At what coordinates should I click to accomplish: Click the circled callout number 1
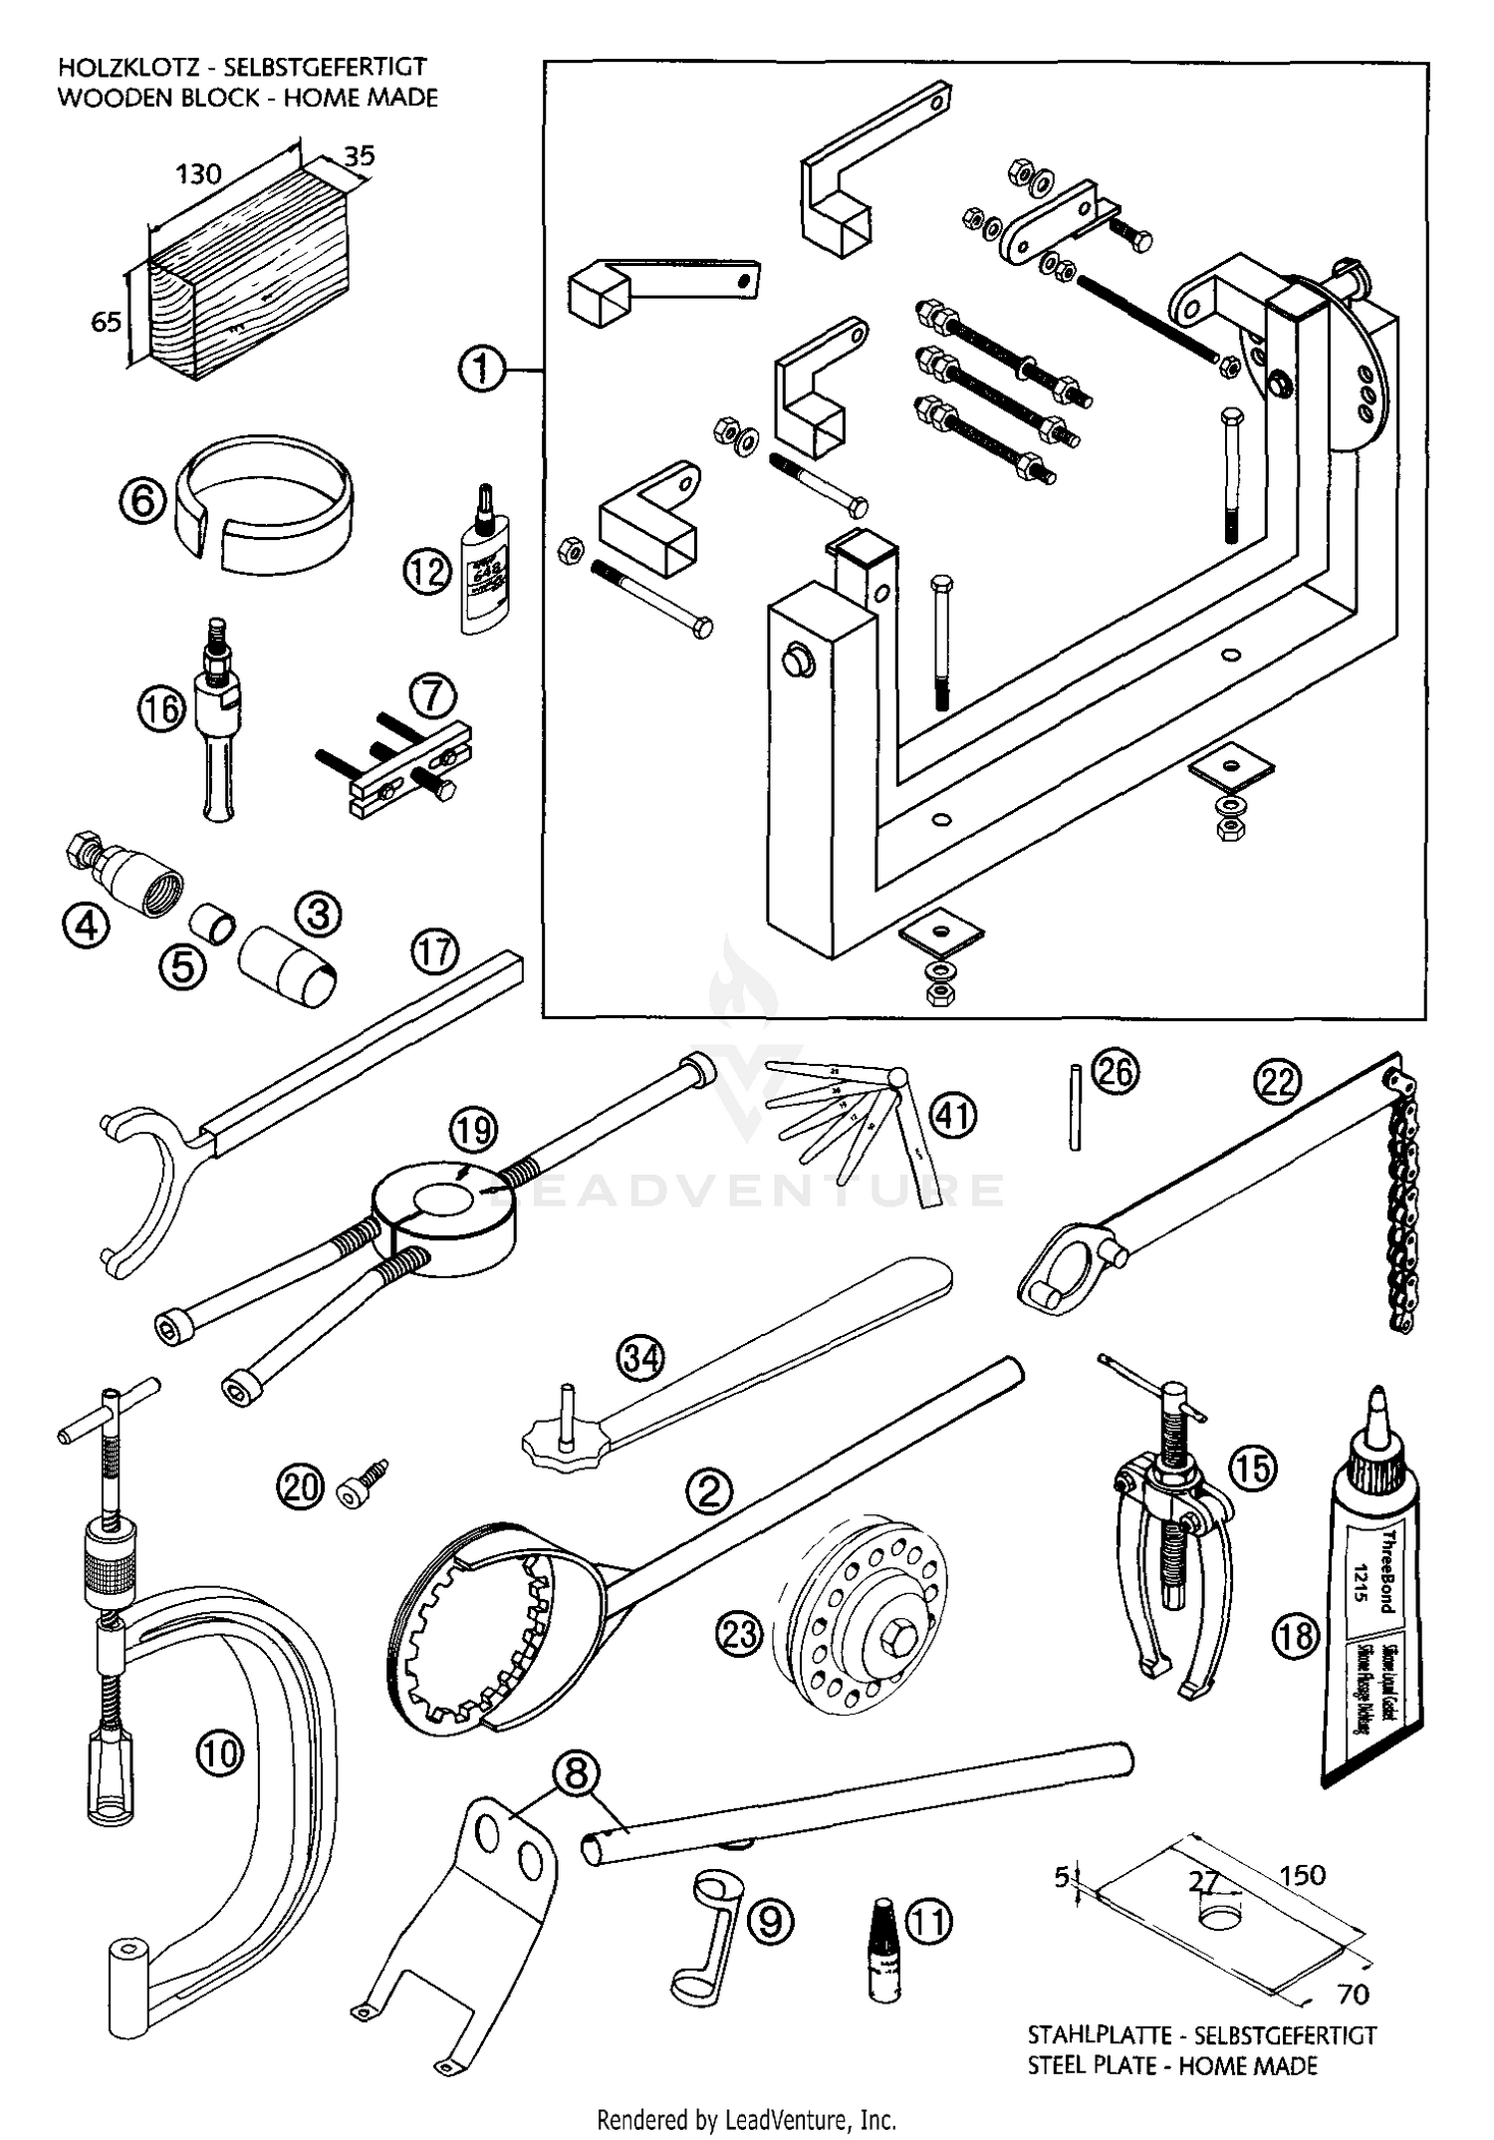481,369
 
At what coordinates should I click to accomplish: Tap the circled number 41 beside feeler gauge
954,1115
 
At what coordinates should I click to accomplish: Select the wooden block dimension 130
198,174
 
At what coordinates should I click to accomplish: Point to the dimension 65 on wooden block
107,322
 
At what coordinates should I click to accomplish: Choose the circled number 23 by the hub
738,1634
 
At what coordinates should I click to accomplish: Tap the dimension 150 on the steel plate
1303,1875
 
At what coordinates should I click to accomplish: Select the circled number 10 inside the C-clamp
220,1751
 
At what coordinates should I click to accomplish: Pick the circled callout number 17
435,951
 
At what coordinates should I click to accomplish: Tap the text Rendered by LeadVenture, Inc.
746,2118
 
